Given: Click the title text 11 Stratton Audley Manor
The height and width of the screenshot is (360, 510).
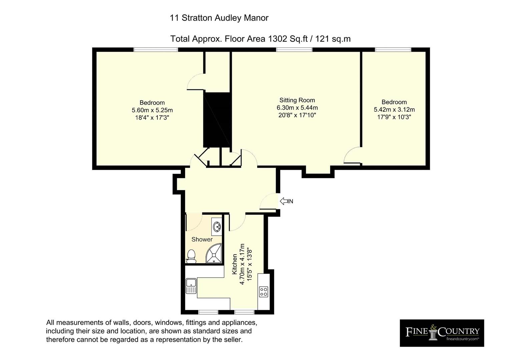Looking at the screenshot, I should coord(219,18).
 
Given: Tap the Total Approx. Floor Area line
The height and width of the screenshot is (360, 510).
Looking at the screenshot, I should coord(260,39).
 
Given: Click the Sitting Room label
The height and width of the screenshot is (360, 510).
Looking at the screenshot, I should coord(297,100).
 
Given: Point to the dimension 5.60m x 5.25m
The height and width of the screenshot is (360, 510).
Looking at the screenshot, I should coord(152,110).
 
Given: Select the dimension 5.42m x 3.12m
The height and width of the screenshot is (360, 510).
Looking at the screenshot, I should coord(394,110).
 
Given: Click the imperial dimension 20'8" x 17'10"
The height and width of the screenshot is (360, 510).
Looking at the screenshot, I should coord(297,115).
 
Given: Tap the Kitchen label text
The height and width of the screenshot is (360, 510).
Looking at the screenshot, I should coord(234,264).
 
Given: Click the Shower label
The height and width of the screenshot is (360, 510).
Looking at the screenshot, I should coord(202,239).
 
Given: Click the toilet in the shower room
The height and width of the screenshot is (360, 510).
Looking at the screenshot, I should coord(191,256).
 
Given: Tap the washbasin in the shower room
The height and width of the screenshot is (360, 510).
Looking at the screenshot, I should coord(217,227).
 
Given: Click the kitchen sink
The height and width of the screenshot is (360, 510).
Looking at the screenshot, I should coord(191,286).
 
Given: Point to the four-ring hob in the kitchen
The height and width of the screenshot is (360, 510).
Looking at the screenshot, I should coord(264,292).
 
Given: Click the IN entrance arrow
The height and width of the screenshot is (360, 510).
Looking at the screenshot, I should coord(284,201).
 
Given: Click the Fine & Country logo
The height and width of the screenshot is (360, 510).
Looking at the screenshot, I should coord(442,333).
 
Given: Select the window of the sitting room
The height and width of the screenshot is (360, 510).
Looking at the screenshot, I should coord(294,50).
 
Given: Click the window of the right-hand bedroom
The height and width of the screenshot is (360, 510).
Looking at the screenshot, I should coord(393,50).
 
